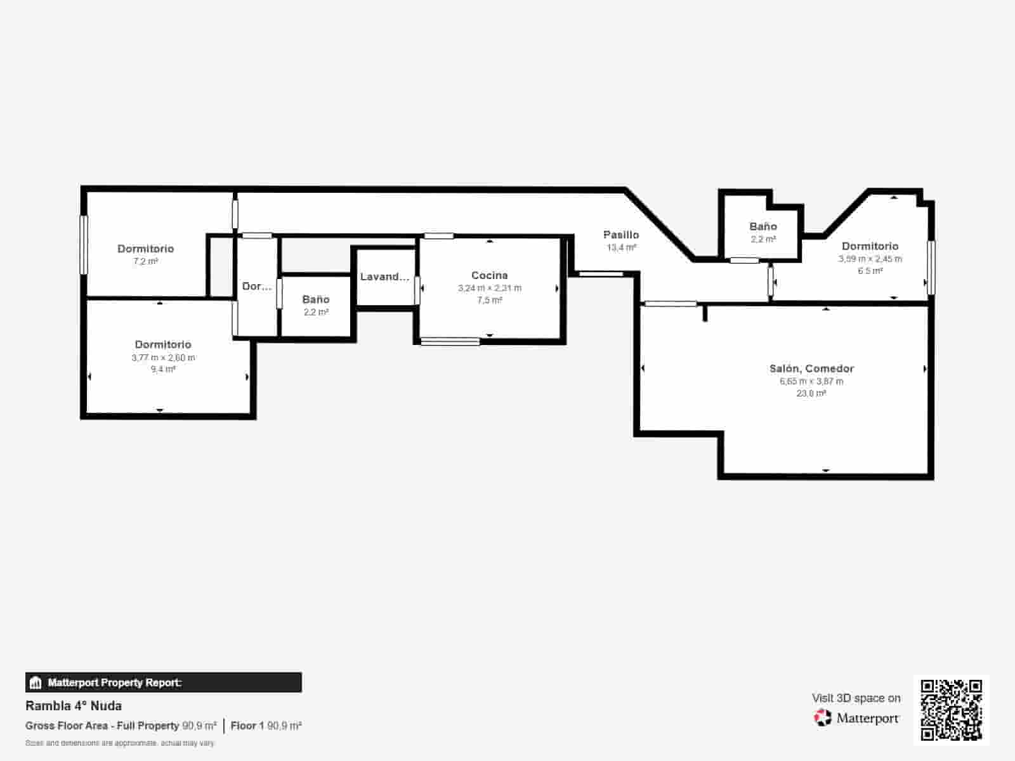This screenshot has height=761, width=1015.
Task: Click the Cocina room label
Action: tap(489, 275)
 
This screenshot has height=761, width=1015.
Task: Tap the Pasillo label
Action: tap(620, 235)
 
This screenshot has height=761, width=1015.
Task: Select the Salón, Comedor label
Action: tap(811, 368)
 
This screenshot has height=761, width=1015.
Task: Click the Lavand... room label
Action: tap(384, 276)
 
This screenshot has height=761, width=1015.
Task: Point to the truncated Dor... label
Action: tap(257, 287)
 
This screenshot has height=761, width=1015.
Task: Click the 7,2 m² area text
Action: tap(145, 261)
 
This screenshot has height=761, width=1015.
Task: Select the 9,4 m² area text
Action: tap(163, 369)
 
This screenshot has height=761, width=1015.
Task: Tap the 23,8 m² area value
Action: tap(811, 393)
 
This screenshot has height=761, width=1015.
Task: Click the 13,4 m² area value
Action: tap(621, 247)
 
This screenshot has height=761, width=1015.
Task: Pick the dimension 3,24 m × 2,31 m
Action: tap(490, 288)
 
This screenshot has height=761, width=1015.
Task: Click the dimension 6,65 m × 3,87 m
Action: tap(811, 381)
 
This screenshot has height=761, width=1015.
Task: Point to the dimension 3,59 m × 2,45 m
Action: tap(870, 259)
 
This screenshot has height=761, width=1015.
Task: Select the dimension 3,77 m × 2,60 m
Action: tap(163, 358)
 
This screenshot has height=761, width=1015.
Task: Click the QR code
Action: tap(951, 710)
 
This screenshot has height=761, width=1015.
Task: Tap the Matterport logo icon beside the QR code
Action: tap(823, 718)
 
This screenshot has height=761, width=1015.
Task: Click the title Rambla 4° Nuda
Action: tap(74, 706)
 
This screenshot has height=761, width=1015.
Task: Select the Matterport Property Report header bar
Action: tap(164, 682)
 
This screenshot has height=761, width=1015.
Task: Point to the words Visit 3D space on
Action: tap(856, 698)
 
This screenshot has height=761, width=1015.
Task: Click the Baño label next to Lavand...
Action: tap(315, 299)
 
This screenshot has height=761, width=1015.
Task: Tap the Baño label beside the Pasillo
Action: tap(763, 226)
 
